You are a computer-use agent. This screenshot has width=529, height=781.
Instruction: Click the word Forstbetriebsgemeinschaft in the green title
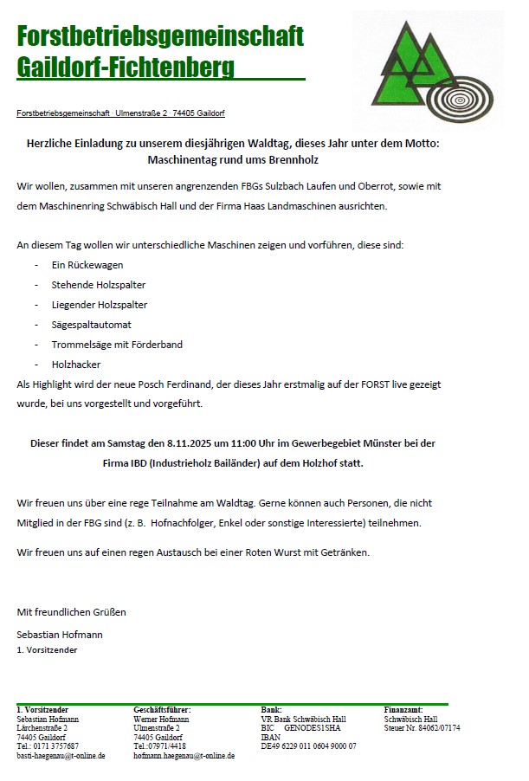tap(160, 36)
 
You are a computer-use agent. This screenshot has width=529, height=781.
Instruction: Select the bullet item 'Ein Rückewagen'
tap(87, 265)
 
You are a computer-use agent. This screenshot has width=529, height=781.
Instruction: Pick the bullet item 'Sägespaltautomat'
tap(92, 325)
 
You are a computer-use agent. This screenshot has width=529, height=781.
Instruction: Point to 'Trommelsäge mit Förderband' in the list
tap(117, 345)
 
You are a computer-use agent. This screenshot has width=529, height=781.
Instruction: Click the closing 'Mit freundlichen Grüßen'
tap(71, 612)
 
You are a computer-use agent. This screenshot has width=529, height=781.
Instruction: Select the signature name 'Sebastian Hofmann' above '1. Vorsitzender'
tap(60, 635)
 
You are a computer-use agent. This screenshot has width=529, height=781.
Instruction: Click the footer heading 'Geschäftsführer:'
tap(162, 710)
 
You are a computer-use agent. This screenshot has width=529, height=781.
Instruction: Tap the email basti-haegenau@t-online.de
tap(61, 756)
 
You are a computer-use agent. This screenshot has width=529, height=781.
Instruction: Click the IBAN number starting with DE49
tap(308, 746)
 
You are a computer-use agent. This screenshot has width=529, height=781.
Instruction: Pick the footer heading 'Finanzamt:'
tap(403, 710)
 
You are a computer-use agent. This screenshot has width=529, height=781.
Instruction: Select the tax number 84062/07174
tap(436, 728)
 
